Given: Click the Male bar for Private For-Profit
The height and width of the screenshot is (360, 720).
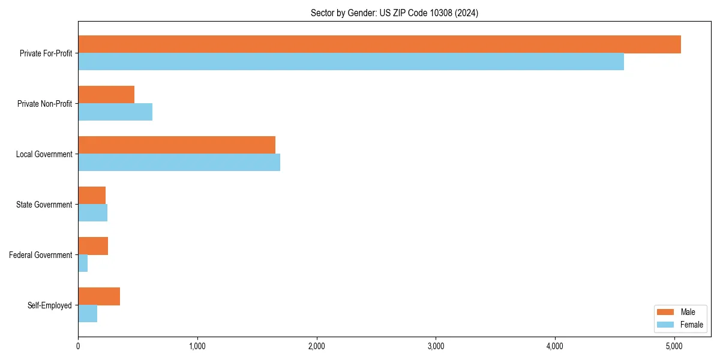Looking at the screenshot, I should [x=379, y=44].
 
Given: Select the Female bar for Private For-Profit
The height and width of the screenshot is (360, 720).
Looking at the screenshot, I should [x=351, y=62].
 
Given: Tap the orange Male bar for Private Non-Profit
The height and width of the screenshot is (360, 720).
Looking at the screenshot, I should [x=106, y=95].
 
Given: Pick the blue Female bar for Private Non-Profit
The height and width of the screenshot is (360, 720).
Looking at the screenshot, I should [x=115, y=112].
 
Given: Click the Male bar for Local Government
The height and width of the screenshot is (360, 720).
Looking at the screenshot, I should [x=176, y=145].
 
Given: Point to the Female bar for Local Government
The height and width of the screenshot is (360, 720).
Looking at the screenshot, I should [x=179, y=163].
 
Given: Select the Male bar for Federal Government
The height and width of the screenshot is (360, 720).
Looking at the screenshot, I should [x=93, y=246].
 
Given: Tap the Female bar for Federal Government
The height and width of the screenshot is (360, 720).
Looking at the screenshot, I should [x=83, y=263].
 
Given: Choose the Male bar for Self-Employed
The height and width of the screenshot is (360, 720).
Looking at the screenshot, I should [x=99, y=296].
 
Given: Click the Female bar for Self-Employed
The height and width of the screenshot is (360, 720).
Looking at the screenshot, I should [x=88, y=314].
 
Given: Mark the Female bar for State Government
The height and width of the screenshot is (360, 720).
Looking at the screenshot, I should [x=92, y=213].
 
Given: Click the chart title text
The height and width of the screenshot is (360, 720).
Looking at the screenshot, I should [x=394, y=13].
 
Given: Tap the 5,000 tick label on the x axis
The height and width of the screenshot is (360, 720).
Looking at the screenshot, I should [x=674, y=346].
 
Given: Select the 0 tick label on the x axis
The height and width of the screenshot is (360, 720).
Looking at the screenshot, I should [x=78, y=346].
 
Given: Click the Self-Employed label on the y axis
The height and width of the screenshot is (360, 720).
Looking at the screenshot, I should [x=49, y=305].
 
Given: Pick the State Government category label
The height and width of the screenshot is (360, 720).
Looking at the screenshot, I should [x=44, y=205].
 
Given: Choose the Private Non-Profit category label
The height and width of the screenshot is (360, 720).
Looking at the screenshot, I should [x=44, y=104].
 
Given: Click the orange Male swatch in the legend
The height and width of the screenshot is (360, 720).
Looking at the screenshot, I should [x=666, y=312].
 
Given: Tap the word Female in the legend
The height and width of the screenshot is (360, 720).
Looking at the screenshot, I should [x=692, y=325].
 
